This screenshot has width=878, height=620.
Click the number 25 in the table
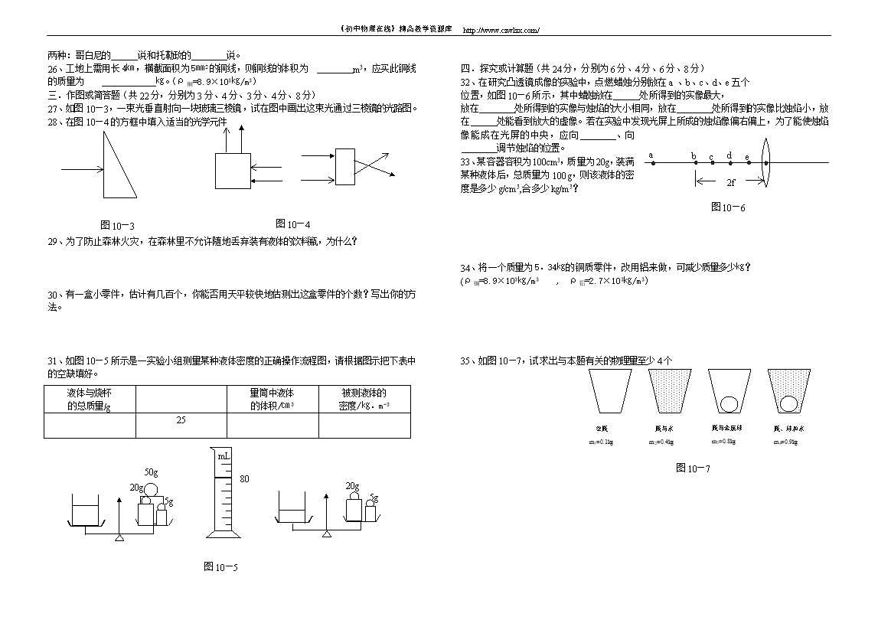[181, 419]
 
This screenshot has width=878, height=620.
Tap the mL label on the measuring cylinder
[224, 456]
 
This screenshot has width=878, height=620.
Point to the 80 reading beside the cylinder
[245, 479]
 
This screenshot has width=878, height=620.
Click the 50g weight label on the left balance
[151, 472]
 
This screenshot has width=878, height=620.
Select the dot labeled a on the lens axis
[651, 162]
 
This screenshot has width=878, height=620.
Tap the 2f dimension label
[731, 183]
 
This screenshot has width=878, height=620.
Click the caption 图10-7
[693, 468]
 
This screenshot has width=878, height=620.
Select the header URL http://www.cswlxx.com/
[502, 30]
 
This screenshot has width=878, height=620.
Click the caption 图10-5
[220, 566]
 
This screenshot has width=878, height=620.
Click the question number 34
[465, 267]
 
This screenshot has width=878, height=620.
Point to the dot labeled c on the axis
[712, 162]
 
